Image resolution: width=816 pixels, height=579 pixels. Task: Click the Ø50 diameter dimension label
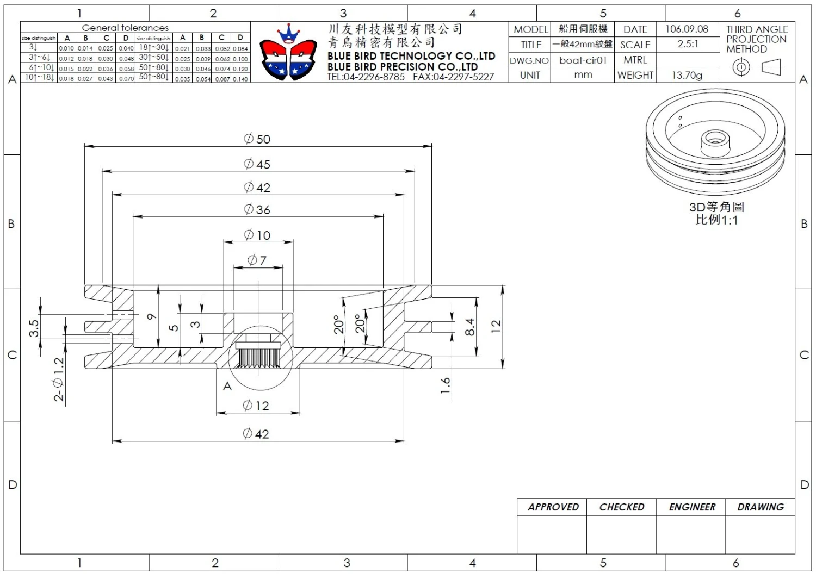coord(257,139)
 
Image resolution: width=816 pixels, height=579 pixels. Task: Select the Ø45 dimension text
coord(257,164)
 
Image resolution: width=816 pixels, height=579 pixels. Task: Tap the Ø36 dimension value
coord(257,209)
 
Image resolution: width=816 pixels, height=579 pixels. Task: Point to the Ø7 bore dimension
coord(257,260)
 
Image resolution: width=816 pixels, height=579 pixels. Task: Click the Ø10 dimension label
coord(257,235)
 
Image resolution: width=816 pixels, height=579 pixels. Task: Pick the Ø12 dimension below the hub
coord(256,406)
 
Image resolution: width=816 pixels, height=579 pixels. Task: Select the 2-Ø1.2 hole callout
coord(59,379)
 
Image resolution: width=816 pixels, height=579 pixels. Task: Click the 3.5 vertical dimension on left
coord(34,328)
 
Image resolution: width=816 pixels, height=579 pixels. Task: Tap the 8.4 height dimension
coord(471,327)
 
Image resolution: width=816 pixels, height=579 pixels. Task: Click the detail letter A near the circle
coord(227,387)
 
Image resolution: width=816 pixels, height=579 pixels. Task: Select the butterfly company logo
coord(288,53)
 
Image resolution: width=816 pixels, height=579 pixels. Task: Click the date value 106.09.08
coord(687,29)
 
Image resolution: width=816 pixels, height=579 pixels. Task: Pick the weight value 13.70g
coord(687,76)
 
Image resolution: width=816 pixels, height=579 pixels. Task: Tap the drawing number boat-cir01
coord(583,60)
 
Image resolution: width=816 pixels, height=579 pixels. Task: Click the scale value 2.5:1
coord(688,45)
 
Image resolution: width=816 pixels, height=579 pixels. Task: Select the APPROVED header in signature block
coord(553,507)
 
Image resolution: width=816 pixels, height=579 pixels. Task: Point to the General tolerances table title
coord(125,28)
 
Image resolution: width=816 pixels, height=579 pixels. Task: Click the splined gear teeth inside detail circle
coord(259,357)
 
